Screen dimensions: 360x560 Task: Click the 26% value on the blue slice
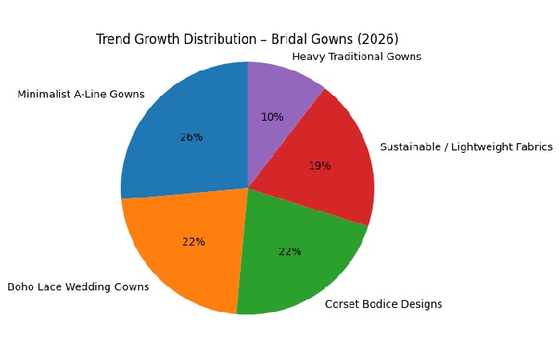191,137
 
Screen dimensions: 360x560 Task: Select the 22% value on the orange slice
194,242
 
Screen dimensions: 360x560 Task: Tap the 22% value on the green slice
290,251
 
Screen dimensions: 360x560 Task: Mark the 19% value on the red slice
319,166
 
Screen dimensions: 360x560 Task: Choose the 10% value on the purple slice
272,117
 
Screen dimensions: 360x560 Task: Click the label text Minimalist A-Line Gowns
81,94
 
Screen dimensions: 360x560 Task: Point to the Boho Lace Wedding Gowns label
78,287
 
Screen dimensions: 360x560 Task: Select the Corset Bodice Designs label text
383,304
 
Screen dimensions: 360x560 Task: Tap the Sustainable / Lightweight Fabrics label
455,147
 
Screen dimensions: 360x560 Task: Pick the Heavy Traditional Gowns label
357,57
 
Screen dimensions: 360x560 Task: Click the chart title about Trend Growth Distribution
247,39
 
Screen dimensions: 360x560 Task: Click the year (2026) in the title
379,39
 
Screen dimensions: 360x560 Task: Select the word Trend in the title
112,39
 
